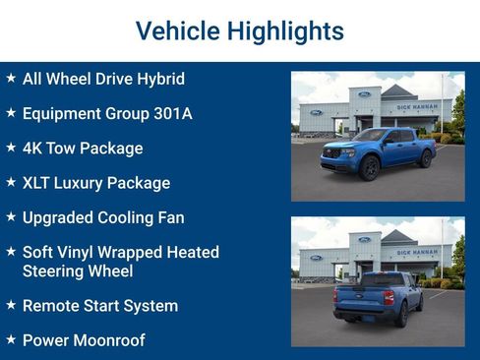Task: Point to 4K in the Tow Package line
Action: tap(32, 149)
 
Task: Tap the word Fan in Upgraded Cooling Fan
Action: tap(170, 217)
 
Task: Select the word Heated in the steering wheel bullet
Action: tap(192, 252)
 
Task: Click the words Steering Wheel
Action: tap(78, 270)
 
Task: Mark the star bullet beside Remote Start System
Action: tap(11, 306)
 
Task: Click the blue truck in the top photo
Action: tap(379, 152)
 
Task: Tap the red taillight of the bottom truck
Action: tap(389, 297)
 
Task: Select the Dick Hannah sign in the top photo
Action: tap(417, 106)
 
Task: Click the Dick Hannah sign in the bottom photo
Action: tap(417, 252)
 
